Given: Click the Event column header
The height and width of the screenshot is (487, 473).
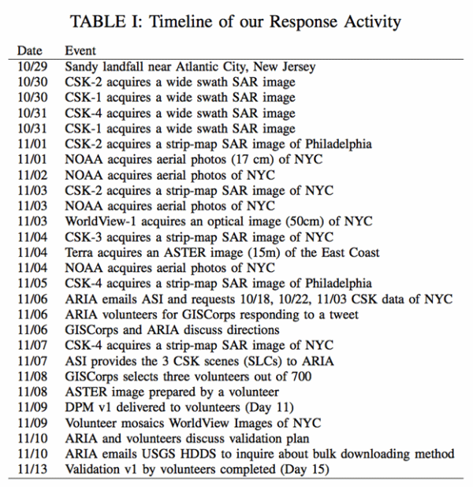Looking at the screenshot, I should pyautogui.click(x=80, y=50).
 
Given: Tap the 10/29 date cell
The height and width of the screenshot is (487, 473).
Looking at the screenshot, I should pyautogui.click(x=32, y=67).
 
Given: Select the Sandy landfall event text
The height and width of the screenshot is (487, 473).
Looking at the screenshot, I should pyautogui.click(x=190, y=67).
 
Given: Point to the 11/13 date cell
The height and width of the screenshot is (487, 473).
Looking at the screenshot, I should pyautogui.click(x=32, y=470).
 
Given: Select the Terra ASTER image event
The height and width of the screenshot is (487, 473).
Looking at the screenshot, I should pyautogui.click(x=222, y=252).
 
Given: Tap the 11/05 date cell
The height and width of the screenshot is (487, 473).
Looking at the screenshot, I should pyautogui.click(x=32, y=284).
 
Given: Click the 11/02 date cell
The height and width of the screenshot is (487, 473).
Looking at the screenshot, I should pyautogui.click(x=32, y=175).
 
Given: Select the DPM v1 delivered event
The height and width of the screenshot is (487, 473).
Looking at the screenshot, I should pyautogui.click(x=180, y=407).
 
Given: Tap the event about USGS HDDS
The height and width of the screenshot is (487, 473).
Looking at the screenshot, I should pyautogui.click(x=259, y=454).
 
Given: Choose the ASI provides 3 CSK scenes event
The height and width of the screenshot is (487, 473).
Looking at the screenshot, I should pyautogui.click(x=199, y=361).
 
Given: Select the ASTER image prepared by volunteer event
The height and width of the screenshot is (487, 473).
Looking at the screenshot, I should pyautogui.click(x=167, y=392).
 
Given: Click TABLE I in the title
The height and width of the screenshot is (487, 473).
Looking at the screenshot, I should pyautogui.click(x=102, y=22).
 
